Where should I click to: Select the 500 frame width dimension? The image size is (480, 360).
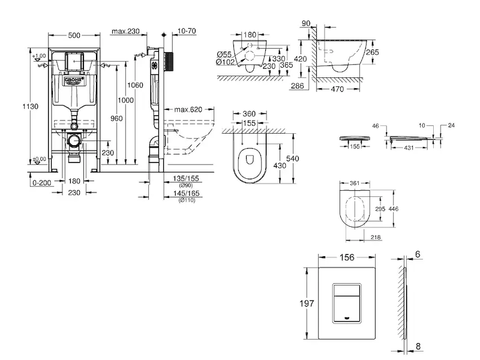coord(74,35)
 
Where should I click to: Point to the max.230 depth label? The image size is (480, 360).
coord(125,32)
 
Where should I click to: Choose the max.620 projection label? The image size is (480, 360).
coord(187,110)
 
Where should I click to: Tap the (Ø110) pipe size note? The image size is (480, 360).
coord(186,199)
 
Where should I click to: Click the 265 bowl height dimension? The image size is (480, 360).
coord(373,52)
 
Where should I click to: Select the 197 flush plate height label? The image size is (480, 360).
coord(307,304)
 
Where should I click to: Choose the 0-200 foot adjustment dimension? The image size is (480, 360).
coord(40,182)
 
